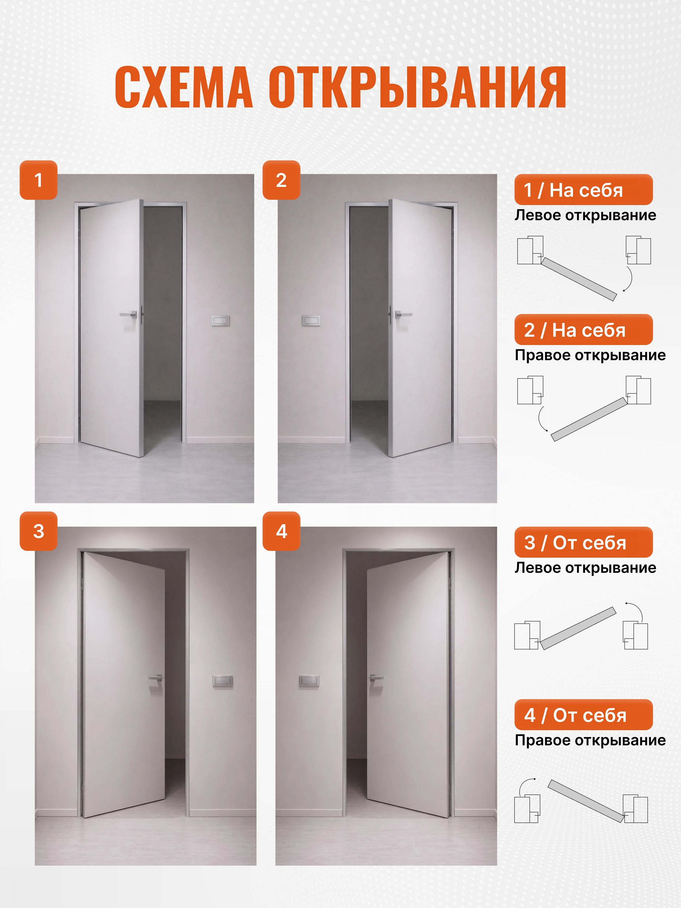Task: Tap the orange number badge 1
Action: (39, 180)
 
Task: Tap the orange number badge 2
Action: (281, 180)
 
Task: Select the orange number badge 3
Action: (39, 531)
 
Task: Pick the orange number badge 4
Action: (281, 531)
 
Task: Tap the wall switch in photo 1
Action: (220, 321)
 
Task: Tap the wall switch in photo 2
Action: (311, 321)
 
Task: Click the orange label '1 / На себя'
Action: (583, 190)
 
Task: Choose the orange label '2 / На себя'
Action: (583, 330)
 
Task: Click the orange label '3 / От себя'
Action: (583, 542)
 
